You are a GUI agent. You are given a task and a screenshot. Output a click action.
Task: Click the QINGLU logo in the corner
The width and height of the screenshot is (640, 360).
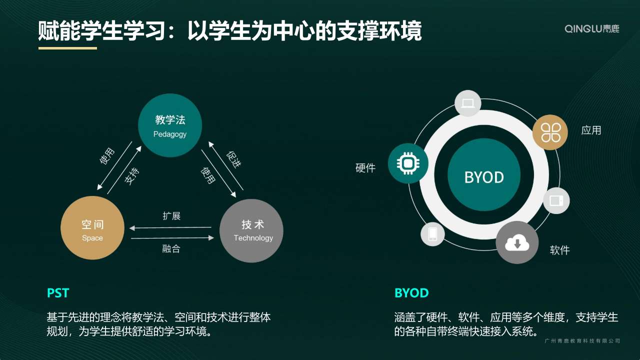[591, 28]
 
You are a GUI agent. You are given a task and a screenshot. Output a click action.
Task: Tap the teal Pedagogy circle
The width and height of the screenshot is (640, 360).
[170, 125]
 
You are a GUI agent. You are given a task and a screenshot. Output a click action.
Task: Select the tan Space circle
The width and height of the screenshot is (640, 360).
[92, 227]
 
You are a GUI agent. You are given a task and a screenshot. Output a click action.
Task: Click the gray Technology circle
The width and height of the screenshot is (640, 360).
[251, 230]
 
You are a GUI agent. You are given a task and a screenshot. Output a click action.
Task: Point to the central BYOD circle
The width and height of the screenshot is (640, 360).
[484, 174]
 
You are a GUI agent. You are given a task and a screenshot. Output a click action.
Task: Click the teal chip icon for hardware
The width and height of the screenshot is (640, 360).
[408, 163]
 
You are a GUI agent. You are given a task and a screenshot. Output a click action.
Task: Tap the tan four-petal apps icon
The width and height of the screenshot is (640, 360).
[550, 132]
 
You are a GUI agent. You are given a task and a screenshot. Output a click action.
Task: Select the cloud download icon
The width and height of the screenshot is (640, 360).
[517, 242]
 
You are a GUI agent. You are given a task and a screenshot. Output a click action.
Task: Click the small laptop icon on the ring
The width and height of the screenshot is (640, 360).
[467, 103]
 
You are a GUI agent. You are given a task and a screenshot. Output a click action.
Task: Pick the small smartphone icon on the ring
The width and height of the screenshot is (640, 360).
[432, 234]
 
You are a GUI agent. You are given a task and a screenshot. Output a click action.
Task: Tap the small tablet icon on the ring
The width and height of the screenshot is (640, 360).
[556, 200]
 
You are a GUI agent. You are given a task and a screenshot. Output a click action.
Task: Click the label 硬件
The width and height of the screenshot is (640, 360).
[365, 167]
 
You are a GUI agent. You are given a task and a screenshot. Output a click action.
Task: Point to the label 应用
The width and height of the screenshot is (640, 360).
[591, 130]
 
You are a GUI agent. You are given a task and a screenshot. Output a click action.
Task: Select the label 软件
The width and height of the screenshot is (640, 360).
[559, 250]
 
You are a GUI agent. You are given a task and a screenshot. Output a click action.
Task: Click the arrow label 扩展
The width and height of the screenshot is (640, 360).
[171, 215]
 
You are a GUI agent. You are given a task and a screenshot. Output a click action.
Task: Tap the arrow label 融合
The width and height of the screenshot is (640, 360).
[171, 248]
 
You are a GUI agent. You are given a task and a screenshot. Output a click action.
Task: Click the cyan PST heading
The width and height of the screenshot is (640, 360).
[58, 293]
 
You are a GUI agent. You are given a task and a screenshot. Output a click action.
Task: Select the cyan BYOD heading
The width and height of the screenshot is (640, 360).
[411, 293]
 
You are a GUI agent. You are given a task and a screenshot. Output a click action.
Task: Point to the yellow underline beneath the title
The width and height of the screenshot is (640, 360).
[67, 48]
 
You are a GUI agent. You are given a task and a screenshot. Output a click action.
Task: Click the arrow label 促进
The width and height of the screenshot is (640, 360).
[233, 159]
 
